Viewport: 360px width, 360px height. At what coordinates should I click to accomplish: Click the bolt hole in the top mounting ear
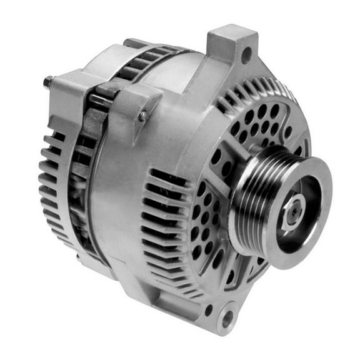click(246, 55)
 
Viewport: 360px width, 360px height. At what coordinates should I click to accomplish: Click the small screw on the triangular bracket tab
click(143, 116)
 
